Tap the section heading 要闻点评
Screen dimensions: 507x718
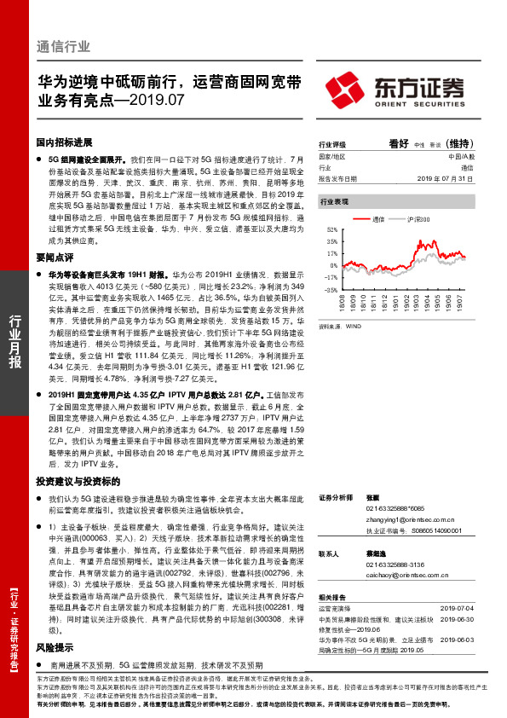tap(54, 254)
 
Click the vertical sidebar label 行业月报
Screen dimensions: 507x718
tap(14, 341)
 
